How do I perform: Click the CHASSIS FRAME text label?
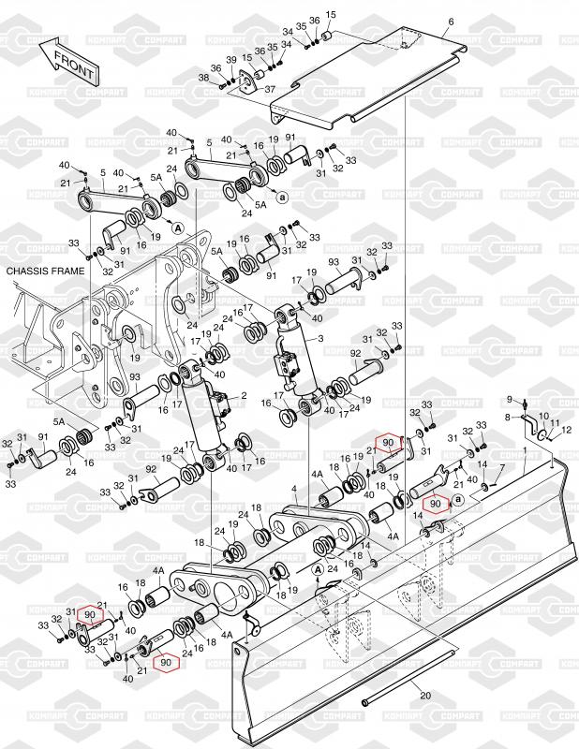pos(45,272)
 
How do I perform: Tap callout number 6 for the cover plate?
pos(450,22)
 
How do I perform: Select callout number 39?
pos(230,59)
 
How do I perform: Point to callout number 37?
pos(270,89)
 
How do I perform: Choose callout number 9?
pos(510,400)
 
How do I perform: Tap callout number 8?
pos(508,417)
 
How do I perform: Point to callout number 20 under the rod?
pos(425,696)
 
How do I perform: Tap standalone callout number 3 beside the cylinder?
pos(320,339)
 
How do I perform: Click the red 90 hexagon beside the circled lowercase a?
pos(435,504)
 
